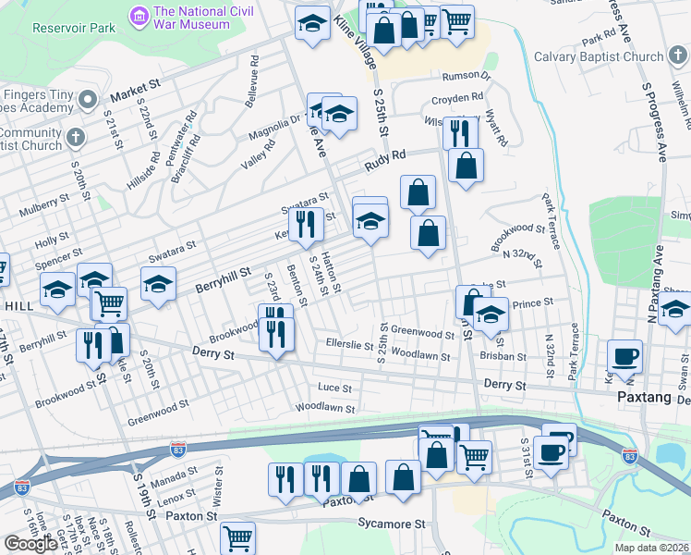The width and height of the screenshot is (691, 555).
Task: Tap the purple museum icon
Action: [x=139, y=16]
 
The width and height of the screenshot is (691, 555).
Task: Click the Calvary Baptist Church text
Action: [x=599, y=56]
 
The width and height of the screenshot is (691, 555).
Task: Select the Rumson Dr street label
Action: [x=459, y=76]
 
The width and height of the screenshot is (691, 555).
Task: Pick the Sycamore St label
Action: [x=392, y=524]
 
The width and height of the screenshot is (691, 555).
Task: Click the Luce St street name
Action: [x=334, y=389]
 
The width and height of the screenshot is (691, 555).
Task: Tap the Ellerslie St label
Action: [x=347, y=344]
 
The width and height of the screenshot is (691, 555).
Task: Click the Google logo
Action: [x=30, y=544]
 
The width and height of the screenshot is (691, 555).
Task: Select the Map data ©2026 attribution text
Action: [x=652, y=548]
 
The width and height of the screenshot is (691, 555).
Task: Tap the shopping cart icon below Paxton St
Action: [x=238, y=536]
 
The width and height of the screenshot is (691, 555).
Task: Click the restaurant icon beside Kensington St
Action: [x=306, y=224]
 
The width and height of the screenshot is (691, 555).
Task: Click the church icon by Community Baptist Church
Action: [x=77, y=138]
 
